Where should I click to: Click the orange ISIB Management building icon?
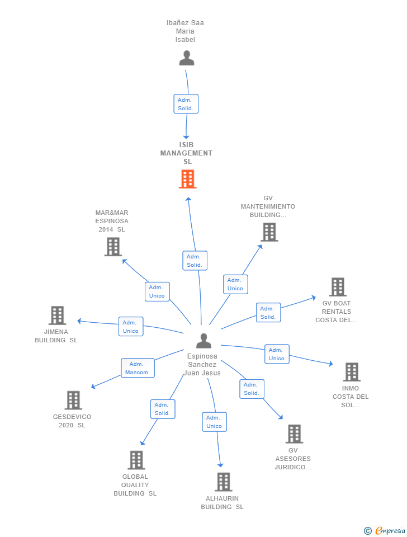(187, 179)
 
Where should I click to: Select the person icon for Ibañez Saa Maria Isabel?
(186, 58)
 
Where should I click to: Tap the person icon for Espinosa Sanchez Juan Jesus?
(203, 340)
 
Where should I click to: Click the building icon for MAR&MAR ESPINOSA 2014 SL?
(113, 247)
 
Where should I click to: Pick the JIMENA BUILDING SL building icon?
(57, 315)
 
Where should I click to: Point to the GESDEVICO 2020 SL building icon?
(73, 400)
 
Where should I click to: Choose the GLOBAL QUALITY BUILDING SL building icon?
(136, 460)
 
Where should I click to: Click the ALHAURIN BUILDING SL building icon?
(223, 482)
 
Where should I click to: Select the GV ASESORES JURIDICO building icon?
(294, 434)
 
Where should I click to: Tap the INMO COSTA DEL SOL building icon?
(351, 371)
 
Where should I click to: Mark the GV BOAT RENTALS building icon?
(337, 287)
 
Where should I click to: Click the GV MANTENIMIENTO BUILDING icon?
(269, 232)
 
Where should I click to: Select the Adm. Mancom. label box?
(138, 368)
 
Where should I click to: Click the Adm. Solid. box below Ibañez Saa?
(186, 104)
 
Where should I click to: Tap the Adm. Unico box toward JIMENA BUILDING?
(131, 327)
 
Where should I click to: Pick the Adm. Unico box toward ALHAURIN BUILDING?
(214, 422)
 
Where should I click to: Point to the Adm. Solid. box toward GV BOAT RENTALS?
(268, 313)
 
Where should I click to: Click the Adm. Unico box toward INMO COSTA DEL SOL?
(277, 354)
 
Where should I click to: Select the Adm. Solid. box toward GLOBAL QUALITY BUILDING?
(163, 409)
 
